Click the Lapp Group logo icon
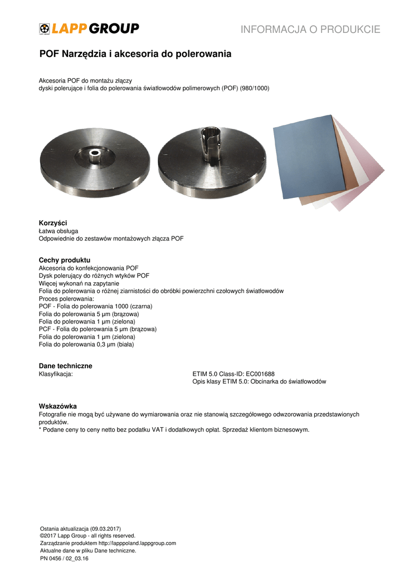tap(45, 29)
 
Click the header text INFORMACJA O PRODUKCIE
tap(310, 30)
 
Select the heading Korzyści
tap(53, 223)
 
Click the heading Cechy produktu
tap(64, 260)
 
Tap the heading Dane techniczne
tap(65, 366)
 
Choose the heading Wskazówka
tap(57, 406)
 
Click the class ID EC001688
tap(256, 374)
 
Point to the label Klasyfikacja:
tap(56, 374)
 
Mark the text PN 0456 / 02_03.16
tap(65, 558)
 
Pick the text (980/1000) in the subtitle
tap(255, 88)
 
